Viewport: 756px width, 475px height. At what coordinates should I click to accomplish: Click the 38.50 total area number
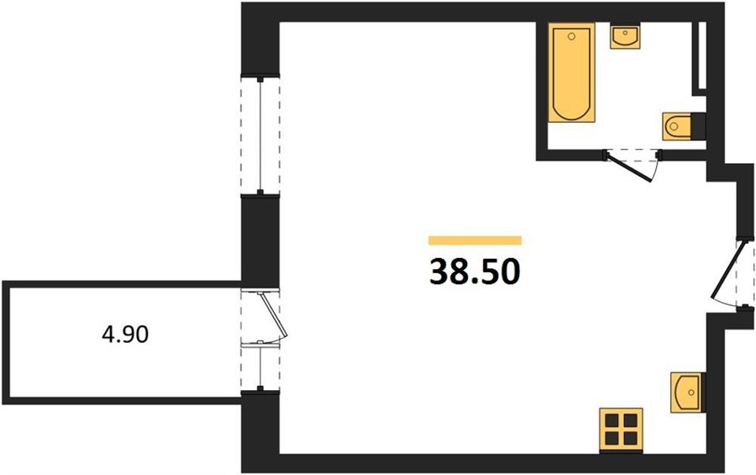(x=475, y=272)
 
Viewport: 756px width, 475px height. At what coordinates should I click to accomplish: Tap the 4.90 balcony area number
(x=125, y=334)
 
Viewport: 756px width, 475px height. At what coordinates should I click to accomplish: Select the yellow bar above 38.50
(x=475, y=240)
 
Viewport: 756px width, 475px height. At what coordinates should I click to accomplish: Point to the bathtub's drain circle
(x=572, y=36)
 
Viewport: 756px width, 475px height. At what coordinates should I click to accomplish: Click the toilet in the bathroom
(x=677, y=126)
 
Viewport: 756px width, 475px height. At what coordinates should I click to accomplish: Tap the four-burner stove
(x=621, y=430)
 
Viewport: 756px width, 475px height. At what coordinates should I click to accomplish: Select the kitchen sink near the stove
(x=685, y=392)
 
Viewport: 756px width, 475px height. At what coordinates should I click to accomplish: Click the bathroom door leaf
(x=629, y=167)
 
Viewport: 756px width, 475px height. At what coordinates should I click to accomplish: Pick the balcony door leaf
(x=275, y=314)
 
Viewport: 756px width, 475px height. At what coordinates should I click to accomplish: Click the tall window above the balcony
(x=260, y=135)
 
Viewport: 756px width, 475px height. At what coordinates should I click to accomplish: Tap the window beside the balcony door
(x=260, y=367)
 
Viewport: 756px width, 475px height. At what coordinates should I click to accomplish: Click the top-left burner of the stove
(x=612, y=421)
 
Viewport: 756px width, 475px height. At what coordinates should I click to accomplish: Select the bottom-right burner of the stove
(x=630, y=439)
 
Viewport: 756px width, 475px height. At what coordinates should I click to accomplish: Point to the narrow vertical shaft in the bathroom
(x=700, y=58)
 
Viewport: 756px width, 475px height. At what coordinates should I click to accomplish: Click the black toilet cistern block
(x=699, y=126)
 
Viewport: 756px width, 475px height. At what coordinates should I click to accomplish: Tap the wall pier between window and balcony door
(x=260, y=242)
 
